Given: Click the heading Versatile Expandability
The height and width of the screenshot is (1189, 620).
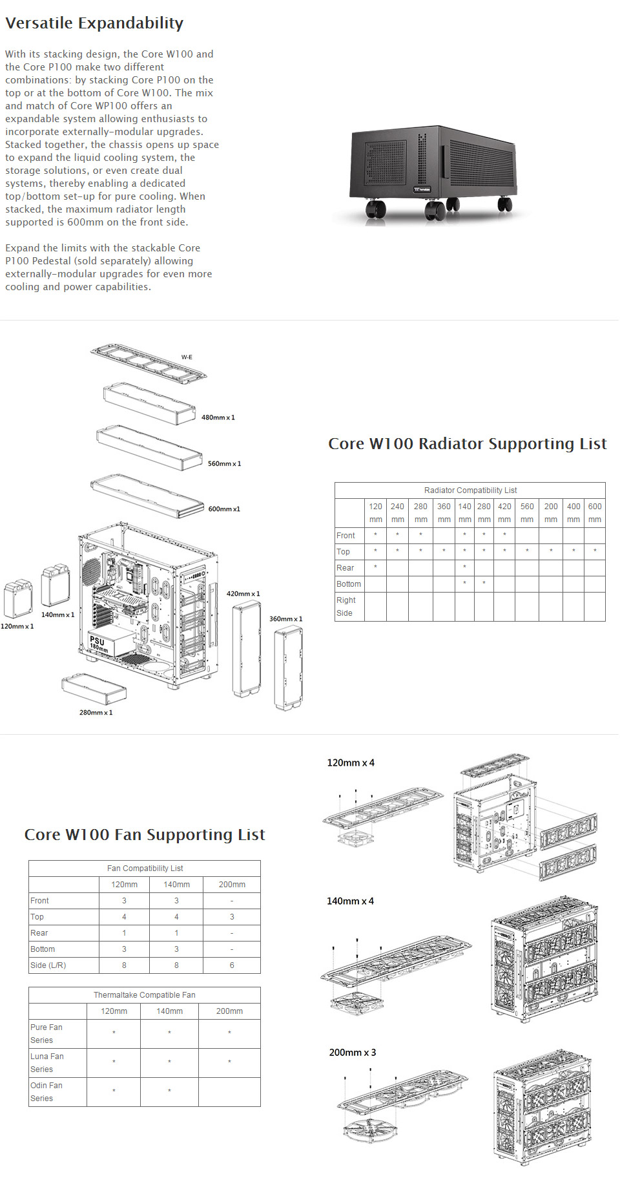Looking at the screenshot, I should tap(94, 23).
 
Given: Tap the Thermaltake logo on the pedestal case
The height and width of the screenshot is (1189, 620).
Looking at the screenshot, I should tap(422, 189).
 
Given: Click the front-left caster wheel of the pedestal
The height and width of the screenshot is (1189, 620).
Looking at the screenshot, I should tap(376, 209).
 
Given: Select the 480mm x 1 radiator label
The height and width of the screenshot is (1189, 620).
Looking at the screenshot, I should tap(218, 417).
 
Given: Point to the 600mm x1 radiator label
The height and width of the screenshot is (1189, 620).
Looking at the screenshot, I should tap(223, 509).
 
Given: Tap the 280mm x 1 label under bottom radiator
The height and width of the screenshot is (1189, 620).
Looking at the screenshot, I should tap(96, 713).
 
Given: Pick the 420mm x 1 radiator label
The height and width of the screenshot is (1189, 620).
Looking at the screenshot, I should tap(243, 594).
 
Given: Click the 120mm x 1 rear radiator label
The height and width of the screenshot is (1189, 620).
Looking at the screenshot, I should tap(17, 626).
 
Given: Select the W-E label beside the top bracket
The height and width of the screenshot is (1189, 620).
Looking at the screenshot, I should tap(187, 357).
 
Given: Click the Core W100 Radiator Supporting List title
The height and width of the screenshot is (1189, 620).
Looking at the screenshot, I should tap(467, 444).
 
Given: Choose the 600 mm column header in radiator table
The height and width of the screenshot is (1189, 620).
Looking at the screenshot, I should tap(594, 512).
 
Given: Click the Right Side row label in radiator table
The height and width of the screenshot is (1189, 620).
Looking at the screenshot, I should tap(346, 606).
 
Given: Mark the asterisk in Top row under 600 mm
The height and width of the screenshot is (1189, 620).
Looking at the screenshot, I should tap(594, 551).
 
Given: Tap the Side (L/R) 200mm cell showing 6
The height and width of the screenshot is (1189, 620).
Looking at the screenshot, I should tap(231, 965).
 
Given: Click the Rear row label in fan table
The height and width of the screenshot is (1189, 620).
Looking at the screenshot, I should tap(39, 933).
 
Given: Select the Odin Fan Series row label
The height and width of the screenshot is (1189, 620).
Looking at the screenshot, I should tap(46, 1091).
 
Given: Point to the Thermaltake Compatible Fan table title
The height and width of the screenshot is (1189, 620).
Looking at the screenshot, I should tap(144, 995).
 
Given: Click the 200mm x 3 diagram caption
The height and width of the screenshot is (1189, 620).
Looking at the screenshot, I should tap(352, 1053).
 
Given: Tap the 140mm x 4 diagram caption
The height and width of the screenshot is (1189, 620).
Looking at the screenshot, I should tap(350, 901).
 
